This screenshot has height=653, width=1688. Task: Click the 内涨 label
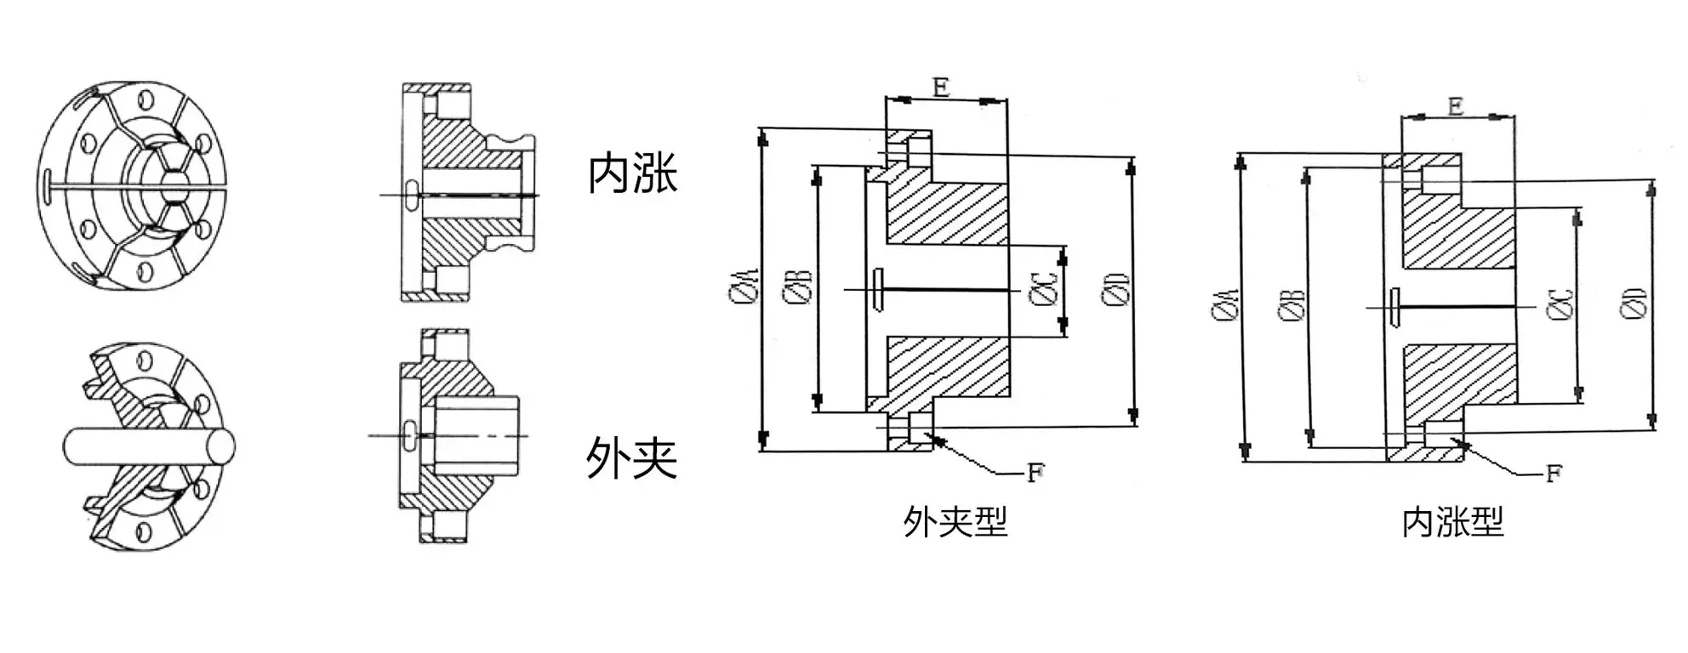click(x=632, y=173)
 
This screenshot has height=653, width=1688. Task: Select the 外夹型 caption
click(x=955, y=521)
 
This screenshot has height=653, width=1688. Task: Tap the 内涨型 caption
click(x=1452, y=521)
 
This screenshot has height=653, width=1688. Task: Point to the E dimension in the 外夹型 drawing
click(x=940, y=87)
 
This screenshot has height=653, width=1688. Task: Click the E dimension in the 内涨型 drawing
click(x=1455, y=105)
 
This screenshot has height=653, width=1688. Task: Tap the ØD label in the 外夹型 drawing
click(x=1115, y=288)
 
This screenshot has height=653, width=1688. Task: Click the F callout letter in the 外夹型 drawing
click(x=1035, y=473)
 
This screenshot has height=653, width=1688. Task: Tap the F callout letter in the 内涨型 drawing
click(x=1553, y=474)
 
